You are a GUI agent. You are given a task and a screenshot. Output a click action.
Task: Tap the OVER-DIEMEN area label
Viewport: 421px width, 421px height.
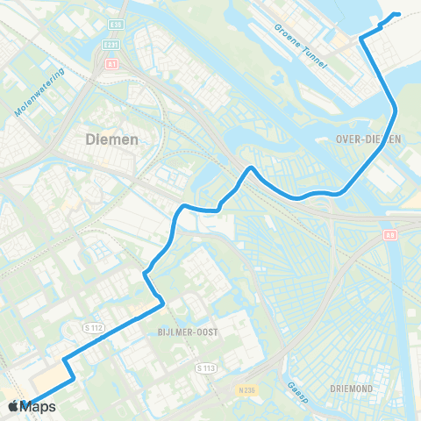point(368,139)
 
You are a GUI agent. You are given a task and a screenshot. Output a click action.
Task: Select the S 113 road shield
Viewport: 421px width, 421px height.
point(206,367)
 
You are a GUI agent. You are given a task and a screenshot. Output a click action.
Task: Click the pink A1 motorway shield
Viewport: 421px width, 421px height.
point(111,63)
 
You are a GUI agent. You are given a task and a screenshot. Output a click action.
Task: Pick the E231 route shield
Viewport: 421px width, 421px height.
point(111,45)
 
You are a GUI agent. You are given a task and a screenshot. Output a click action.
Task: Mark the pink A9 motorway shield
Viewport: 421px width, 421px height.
point(389,235)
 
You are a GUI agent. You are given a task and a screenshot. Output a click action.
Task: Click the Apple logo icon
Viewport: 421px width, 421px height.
point(13,407)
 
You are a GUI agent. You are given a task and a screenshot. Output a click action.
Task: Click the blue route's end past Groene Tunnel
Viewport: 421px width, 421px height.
point(398,14)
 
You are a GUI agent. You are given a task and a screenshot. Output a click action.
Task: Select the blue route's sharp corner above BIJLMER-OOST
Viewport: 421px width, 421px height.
point(163,304)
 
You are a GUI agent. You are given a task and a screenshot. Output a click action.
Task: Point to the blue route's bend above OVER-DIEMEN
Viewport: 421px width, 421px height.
point(396,110)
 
